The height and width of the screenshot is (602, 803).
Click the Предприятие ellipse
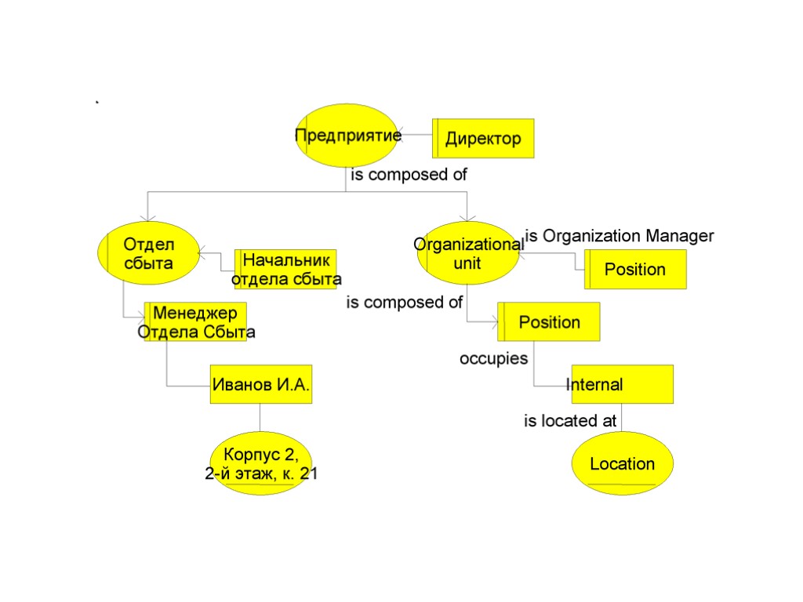click(346, 135)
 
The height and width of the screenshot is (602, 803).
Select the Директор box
click(484, 139)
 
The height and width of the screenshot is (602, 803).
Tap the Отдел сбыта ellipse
click(147, 252)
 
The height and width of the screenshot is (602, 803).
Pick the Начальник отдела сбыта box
click(285, 270)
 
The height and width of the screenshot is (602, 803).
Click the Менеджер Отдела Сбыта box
click(195, 322)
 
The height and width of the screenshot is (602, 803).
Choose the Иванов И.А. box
click(261, 384)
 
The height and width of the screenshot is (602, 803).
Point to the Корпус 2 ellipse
click(261, 463)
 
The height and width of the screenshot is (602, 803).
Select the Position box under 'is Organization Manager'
click(635, 270)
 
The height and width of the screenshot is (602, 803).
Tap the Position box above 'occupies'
click(549, 321)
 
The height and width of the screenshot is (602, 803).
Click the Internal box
click(622, 384)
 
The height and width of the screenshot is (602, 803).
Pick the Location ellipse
click(622, 463)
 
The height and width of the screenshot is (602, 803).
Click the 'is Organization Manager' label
click(619, 235)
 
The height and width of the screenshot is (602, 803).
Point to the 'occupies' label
click(493, 358)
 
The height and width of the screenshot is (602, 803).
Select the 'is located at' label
click(570, 421)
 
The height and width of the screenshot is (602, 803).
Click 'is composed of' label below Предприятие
click(409, 175)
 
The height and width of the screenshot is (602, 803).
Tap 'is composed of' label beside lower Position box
click(405, 302)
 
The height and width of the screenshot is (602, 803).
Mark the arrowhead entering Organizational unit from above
click(467, 217)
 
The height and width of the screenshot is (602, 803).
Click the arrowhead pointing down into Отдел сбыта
click(147, 217)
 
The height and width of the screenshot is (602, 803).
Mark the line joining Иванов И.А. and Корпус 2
click(260, 417)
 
